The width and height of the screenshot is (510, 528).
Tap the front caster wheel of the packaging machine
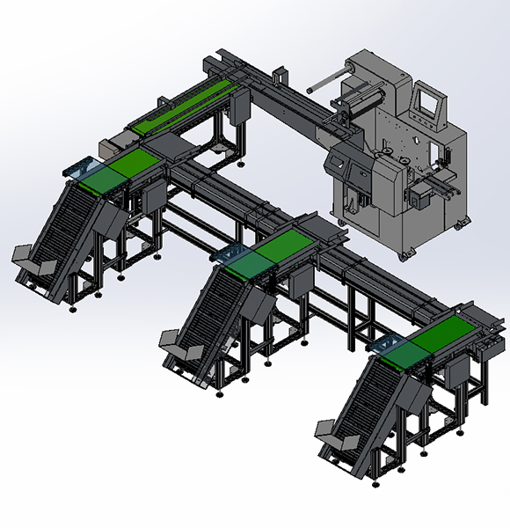[x=405, y=255]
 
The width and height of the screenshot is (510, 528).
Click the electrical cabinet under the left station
[x=150, y=197]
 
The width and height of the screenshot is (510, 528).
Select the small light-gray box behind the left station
[x=111, y=143]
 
